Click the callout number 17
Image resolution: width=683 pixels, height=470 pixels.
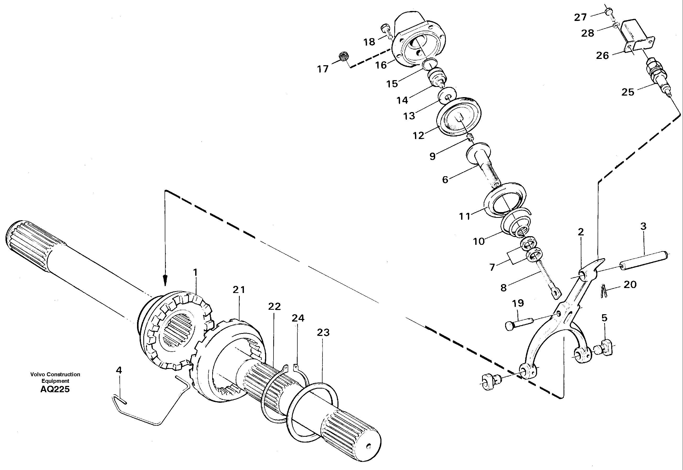323,69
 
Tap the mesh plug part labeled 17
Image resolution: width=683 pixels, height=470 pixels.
344,56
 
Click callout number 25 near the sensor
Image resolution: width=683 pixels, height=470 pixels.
628,92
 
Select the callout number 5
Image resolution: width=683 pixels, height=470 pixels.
604,318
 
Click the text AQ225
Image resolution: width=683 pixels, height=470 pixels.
55,389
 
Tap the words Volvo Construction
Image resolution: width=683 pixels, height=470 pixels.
55,375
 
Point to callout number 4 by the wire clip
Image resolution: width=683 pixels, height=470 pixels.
119,371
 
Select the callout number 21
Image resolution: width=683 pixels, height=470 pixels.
239,290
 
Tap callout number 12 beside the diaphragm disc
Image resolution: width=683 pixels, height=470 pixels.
418,135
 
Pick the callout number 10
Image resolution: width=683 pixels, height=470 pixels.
479,241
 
